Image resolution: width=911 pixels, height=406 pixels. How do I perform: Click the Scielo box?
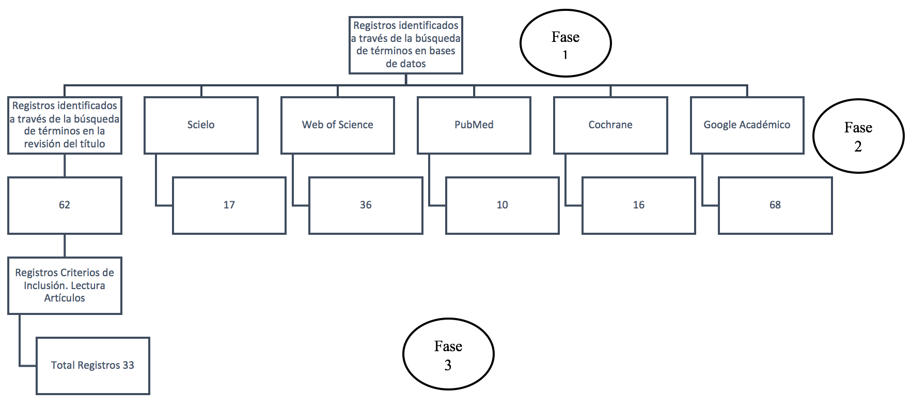(x=201, y=125)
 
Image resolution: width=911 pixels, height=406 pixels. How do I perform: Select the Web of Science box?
(x=337, y=125)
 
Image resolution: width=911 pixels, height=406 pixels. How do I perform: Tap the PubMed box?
(x=474, y=125)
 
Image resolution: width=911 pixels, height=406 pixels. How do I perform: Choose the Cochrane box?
(x=610, y=125)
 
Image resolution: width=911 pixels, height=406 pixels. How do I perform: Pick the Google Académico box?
(x=747, y=125)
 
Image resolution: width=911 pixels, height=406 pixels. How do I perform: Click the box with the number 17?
(x=229, y=205)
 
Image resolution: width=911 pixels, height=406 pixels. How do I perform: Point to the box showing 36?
(x=366, y=205)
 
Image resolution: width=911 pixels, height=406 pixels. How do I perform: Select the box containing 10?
(x=502, y=205)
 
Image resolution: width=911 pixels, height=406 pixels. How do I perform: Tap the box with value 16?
(x=638, y=205)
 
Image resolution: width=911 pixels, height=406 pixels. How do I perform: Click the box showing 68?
(x=775, y=205)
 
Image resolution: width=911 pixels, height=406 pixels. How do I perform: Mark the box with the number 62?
(x=65, y=205)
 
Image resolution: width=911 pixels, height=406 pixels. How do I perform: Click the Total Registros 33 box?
(x=92, y=366)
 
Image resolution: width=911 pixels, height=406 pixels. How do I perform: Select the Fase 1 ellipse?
(x=565, y=43)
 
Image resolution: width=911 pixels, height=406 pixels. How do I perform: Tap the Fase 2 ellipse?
(x=858, y=136)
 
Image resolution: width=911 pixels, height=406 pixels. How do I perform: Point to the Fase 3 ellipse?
(x=448, y=354)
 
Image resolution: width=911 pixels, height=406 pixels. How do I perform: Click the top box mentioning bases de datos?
(x=405, y=44)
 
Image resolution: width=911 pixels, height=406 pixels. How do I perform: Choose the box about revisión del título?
(x=65, y=125)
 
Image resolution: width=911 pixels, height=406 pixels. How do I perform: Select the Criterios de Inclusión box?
(x=65, y=285)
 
